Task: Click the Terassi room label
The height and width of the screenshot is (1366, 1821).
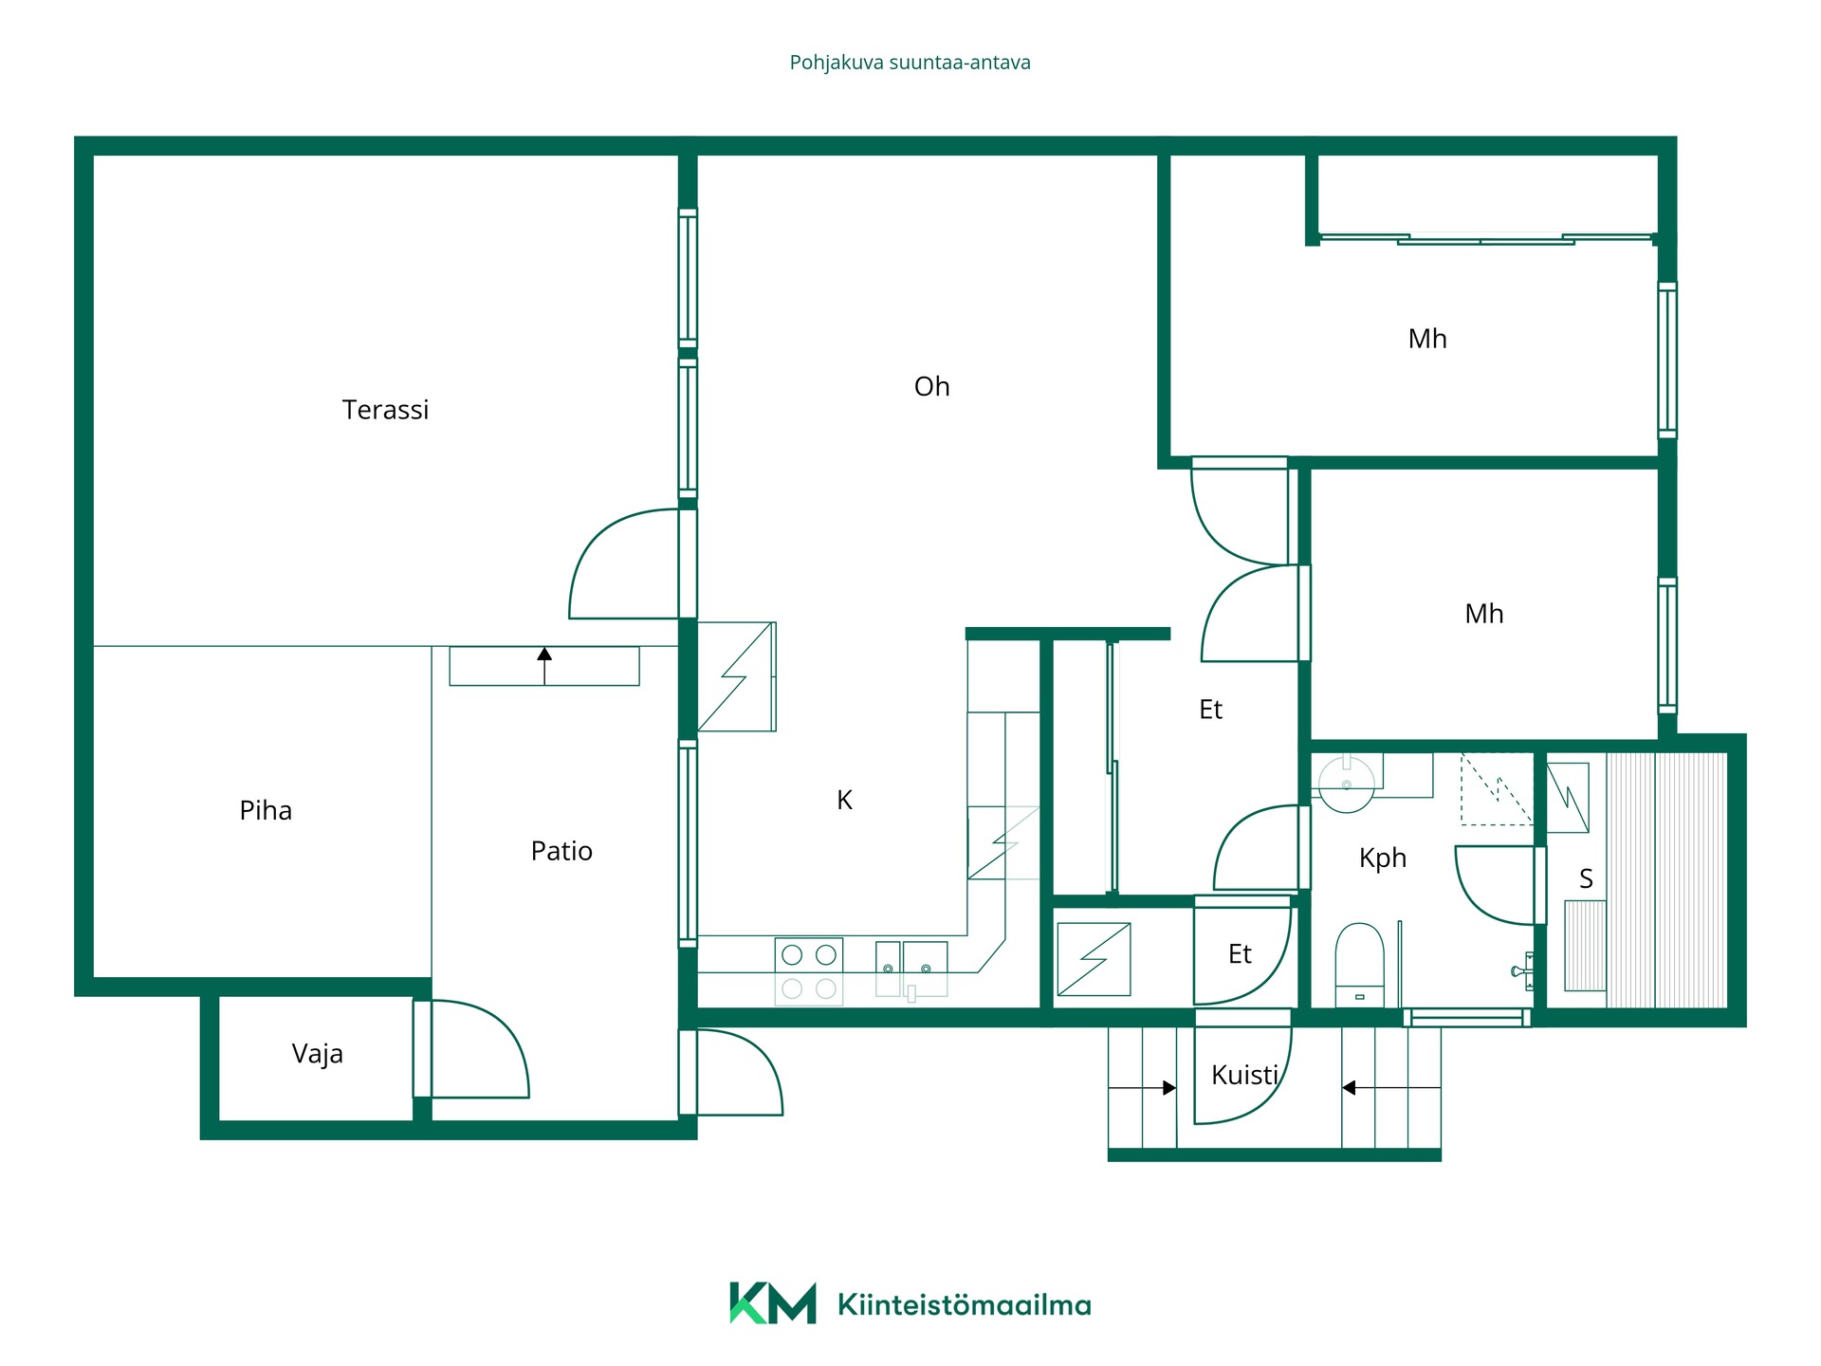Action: click(x=385, y=410)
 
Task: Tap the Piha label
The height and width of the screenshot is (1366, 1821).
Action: click(x=266, y=811)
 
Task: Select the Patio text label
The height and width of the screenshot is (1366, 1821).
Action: click(x=561, y=851)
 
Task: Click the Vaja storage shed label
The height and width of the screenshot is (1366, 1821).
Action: click(x=317, y=1054)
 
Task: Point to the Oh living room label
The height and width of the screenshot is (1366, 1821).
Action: click(x=931, y=386)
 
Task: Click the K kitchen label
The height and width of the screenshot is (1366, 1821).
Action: click(x=844, y=801)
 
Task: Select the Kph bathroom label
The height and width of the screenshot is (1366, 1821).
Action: click(x=1382, y=858)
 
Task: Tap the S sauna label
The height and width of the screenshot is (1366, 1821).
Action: click(x=1586, y=879)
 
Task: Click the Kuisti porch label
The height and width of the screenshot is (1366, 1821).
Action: click(x=1245, y=1075)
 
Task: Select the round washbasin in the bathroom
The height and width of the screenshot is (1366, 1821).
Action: click(x=1347, y=784)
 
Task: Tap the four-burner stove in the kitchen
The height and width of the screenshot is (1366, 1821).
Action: click(x=809, y=971)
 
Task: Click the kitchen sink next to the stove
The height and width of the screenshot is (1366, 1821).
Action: click(x=911, y=969)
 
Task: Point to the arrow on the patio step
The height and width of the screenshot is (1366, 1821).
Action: click(x=544, y=665)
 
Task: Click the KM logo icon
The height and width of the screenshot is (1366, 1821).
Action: click(x=773, y=1303)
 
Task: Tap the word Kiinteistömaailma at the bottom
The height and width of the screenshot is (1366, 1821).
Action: click(x=965, y=1305)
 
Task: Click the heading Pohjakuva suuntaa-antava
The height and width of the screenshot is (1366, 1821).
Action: click(x=910, y=63)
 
